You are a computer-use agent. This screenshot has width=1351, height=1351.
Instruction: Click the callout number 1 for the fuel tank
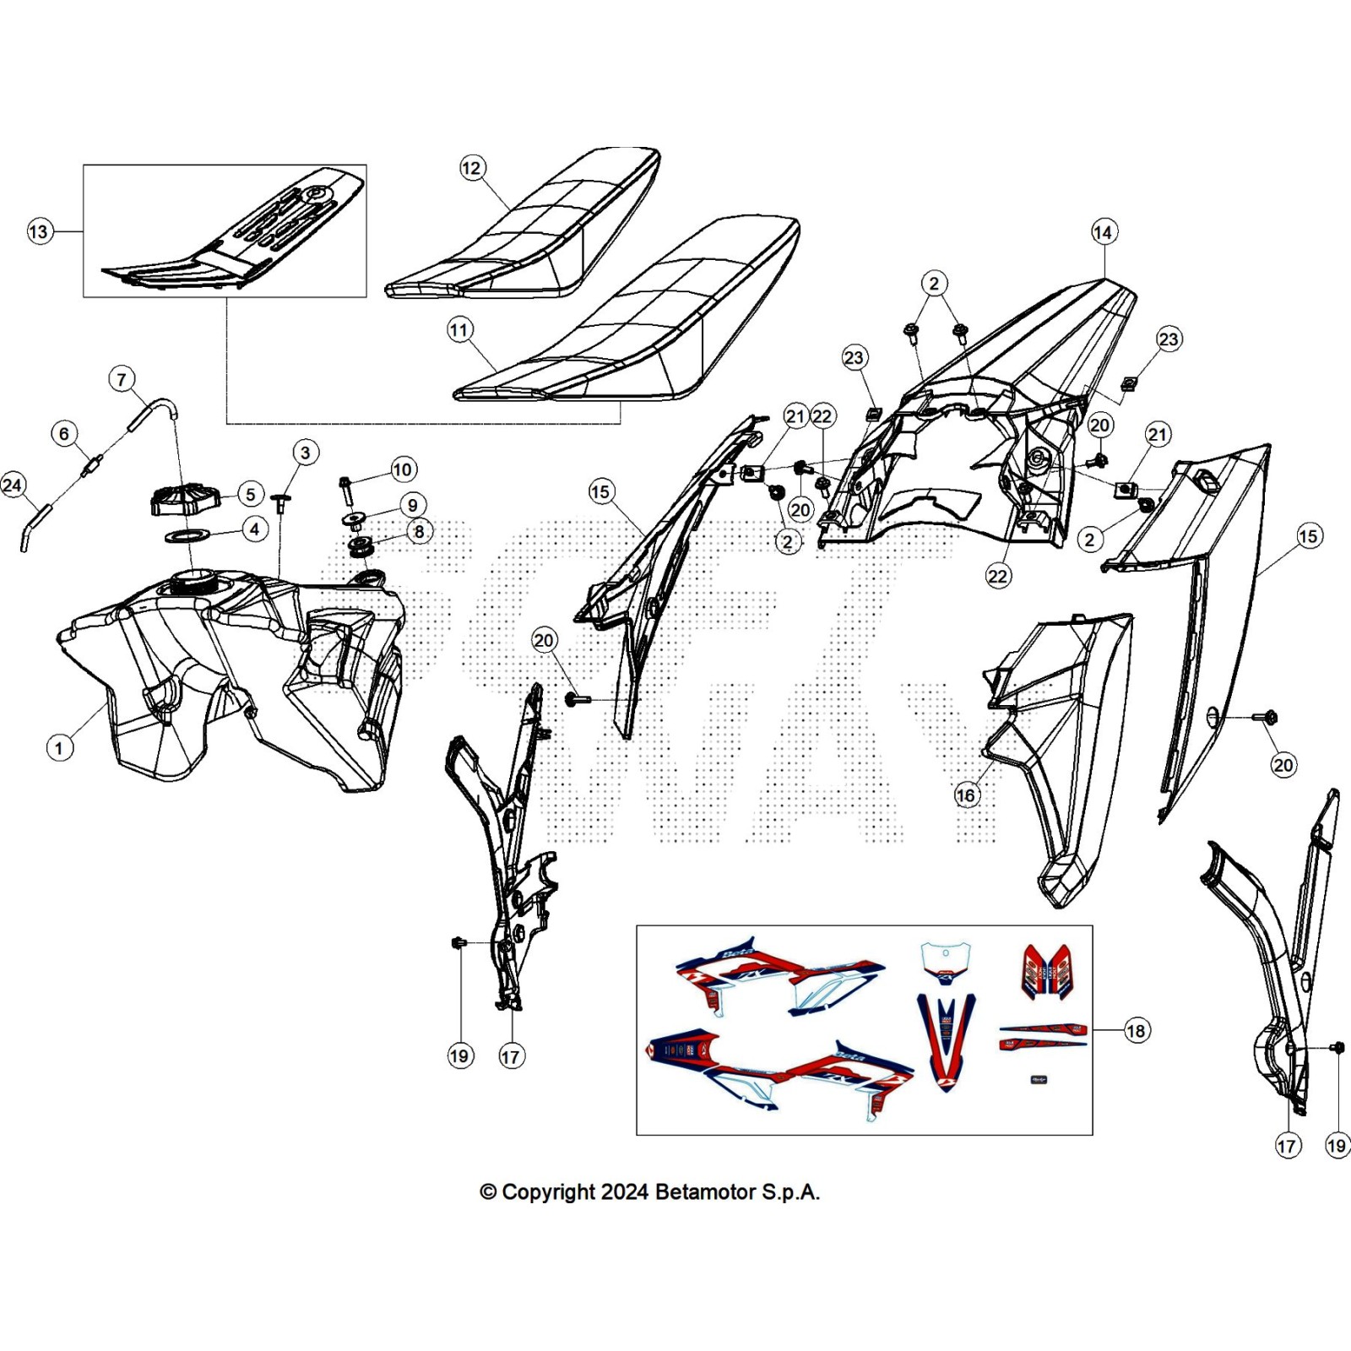point(59,747)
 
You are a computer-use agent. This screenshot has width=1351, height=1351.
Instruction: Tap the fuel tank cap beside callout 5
point(185,500)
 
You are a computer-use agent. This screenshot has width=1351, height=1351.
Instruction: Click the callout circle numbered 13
point(39,231)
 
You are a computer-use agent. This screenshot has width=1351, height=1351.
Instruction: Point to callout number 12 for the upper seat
point(471,168)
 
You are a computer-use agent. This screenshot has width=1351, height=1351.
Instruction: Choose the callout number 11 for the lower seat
point(460,329)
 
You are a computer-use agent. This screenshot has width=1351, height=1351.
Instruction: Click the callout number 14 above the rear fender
point(1104,232)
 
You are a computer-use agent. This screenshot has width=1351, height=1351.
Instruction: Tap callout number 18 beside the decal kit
point(1137,1030)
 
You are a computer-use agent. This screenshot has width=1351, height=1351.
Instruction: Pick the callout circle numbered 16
point(966,795)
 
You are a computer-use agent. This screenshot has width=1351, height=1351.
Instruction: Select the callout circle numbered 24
point(13,485)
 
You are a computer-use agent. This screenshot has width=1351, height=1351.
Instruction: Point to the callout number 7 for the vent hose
point(122,379)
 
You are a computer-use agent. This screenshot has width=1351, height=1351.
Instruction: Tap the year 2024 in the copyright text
point(626,1192)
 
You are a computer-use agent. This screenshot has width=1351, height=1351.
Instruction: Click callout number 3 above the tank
point(306,453)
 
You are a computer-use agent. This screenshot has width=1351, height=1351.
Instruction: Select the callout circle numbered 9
point(412,505)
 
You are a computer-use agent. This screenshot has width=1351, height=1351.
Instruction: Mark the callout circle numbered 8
point(419,532)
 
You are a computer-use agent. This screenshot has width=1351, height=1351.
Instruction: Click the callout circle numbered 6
point(65,434)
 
